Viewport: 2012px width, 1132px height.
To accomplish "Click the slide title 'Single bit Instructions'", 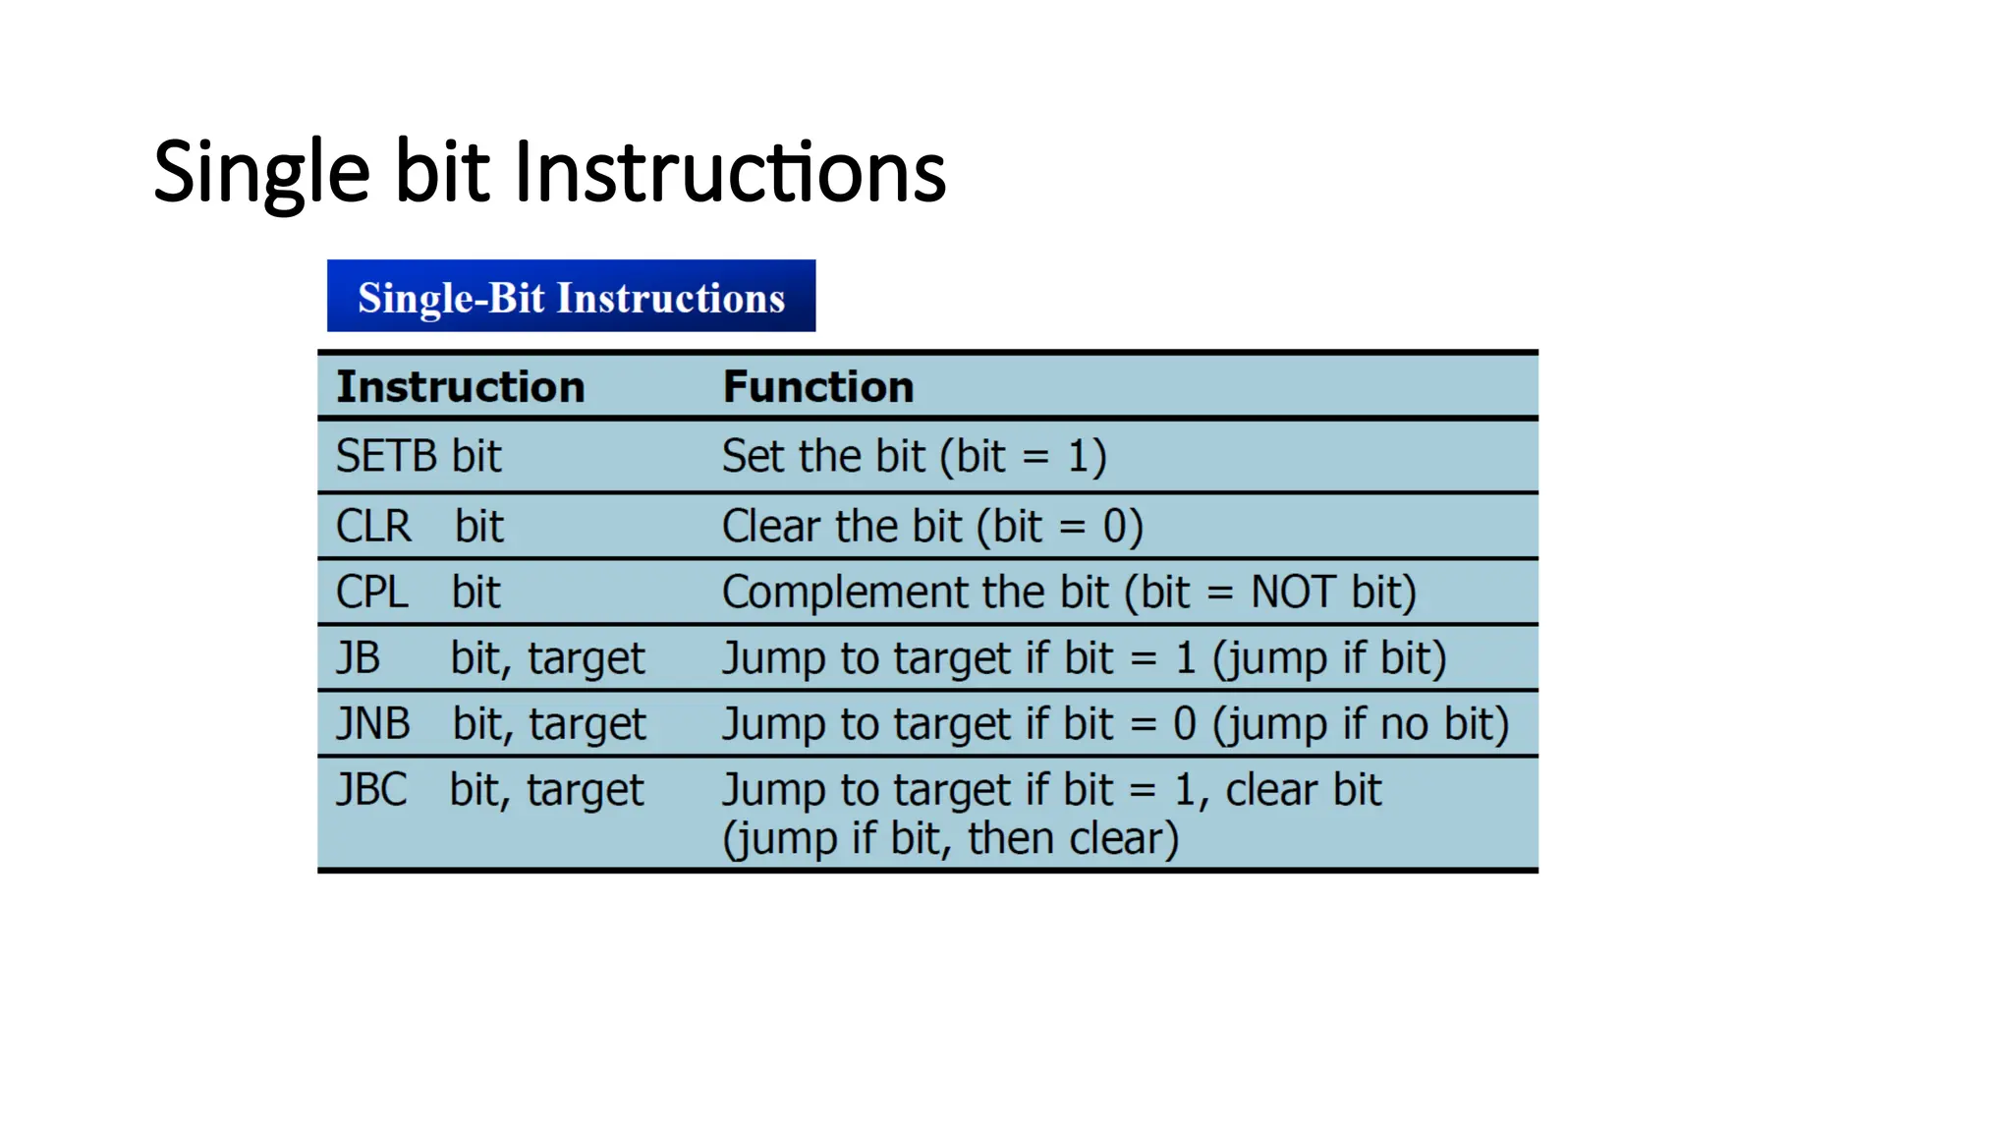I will pos(549,173).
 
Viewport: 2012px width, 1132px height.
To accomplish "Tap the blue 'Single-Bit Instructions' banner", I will pos(571,297).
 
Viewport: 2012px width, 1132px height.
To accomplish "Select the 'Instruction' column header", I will pos(460,386).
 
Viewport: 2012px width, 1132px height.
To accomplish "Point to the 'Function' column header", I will pos(817,386).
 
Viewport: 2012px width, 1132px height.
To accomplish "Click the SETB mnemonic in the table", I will pos(386,457).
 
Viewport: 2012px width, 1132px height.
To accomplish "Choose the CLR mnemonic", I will pos(373,527).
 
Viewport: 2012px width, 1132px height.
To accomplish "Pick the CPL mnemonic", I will pos(371,593).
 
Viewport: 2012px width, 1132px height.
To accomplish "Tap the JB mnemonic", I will pos(358,658).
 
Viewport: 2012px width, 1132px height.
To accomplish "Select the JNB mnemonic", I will pos(372,724).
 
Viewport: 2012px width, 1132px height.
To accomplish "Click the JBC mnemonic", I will pos(371,790).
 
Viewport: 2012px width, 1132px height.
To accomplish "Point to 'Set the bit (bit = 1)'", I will pos(914,457).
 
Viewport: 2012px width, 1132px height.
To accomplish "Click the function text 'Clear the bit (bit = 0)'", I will pos(932,527).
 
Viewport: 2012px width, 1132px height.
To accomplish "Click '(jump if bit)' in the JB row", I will pos(1329,658).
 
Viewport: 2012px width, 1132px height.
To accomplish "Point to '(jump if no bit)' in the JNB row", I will pos(1360,724).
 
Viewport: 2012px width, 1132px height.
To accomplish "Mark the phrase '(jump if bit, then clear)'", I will pos(950,839).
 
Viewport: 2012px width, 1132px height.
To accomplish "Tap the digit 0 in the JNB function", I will pos(1185,724).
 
